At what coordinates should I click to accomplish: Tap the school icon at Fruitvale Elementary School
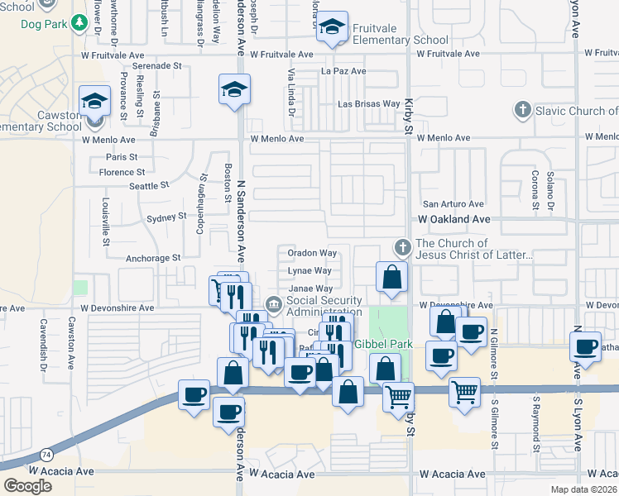tap(333, 29)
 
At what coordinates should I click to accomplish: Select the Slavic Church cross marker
tap(521, 110)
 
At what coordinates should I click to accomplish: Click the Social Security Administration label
tap(324, 306)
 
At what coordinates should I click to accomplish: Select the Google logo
tap(28, 486)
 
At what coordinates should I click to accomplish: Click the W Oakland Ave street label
tap(453, 219)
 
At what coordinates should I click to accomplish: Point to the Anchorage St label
tap(153, 258)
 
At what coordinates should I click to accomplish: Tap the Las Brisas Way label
tap(369, 104)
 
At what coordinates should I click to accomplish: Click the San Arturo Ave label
tap(453, 203)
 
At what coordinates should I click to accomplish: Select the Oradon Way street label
tap(312, 253)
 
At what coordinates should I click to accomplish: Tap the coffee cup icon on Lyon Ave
tap(585, 346)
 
